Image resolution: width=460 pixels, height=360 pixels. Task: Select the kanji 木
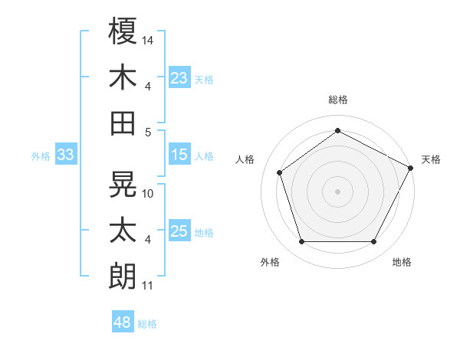(x=123, y=77)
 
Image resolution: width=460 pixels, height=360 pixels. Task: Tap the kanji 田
(x=123, y=123)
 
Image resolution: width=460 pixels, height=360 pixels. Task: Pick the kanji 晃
(x=123, y=184)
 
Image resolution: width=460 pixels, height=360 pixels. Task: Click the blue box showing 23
(x=179, y=77)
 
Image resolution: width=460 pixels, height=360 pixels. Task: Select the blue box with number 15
(x=179, y=155)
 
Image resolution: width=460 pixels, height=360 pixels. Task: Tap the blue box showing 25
(x=179, y=231)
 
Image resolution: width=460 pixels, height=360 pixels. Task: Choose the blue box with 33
(x=65, y=155)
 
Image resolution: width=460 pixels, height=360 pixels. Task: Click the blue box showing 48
(x=122, y=322)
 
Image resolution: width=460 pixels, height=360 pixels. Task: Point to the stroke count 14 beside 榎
(x=149, y=39)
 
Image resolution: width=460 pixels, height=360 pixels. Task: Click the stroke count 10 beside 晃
(x=149, y=194)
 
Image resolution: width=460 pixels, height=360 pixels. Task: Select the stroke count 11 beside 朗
(x=148, y=286)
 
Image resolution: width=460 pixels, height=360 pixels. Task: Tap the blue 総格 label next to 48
(x=147, y=324)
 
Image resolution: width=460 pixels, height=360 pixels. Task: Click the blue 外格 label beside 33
(x=41, y=156)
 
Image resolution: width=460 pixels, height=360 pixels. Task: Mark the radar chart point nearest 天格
(x=412, y=168)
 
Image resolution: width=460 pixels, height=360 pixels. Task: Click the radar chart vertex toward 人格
(x=280, y=172)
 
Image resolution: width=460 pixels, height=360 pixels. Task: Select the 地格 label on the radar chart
(x=402, y=262)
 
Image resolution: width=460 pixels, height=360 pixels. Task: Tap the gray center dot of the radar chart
(x=337, y=191)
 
